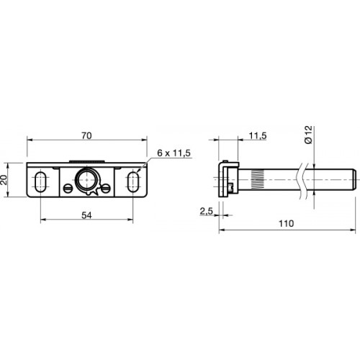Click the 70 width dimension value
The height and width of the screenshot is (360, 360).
click(86, 136)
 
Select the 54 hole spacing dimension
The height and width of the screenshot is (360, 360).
click(86, 215)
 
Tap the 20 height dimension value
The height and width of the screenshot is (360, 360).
click(4, 180)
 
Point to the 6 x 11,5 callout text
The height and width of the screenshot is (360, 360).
click(174, 153)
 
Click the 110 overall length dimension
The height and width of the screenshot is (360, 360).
click(286, 224)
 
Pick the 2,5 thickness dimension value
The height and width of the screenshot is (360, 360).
click(207, 212)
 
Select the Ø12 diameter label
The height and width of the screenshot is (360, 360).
click(308, 135)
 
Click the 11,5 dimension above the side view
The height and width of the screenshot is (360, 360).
click(258, 136)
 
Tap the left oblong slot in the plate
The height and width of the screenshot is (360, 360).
click(40, 181)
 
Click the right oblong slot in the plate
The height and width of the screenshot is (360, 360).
click(132, 181)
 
